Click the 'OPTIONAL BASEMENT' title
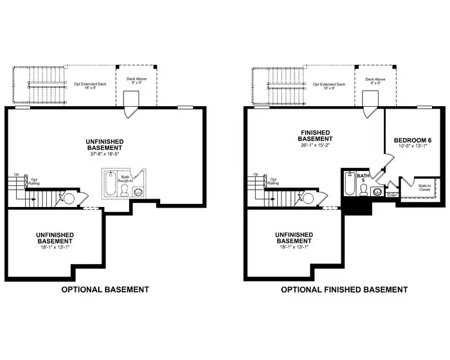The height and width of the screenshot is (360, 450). coord(106,289)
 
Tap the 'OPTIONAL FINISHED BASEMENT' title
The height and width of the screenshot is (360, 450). coord(344,289)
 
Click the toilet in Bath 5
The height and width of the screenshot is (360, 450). coord(363,190)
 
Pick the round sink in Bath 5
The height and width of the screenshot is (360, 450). coord(377,193)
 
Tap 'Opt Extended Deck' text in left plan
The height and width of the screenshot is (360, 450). coord(89,85)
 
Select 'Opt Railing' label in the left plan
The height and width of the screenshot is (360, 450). coord(34,181)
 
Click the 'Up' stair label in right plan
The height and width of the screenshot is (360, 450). coord(256,175)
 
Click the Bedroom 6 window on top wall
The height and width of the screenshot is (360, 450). coord(425,107)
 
